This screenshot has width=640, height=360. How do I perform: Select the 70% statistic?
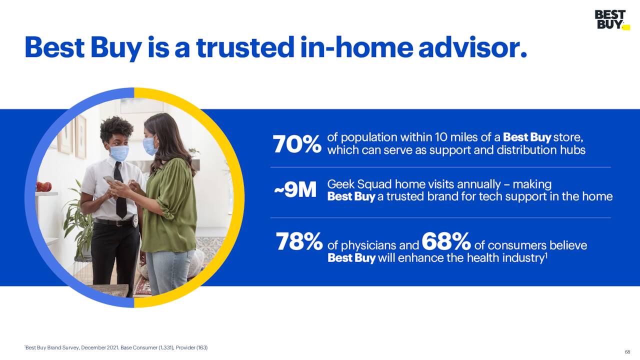pyautogui.click(x=297, y=144)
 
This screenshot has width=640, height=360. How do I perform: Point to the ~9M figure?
pyautogui.click(x=295, y=190)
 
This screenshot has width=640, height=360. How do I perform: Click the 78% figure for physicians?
pyautogui.click(x=299, y=241)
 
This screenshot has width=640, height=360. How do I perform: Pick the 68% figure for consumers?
pyautogui.click(x=446, y=241)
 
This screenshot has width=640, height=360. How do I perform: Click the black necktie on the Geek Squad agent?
pyautogui.click(x=120, y=189)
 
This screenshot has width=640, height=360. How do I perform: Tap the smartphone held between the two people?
pyautogui.click(x=110, y=181)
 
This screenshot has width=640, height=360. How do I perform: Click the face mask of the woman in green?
pyautogui.click(x=149, y=145)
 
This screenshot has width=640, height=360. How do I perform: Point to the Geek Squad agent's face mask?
pyautogui.click(x=119, y=153)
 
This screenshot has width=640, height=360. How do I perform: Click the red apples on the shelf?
pyautogui.click(x=43, y=186)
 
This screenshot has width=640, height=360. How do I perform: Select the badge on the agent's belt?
pyautogui.click(x=135, y=221)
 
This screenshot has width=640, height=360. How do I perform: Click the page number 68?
pyautogui.click(x=627, y=351)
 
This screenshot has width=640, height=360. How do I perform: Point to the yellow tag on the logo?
pyautogui.click(x=626, y=27)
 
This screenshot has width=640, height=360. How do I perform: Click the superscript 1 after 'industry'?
pyautogui.click(x=546, y=255)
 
